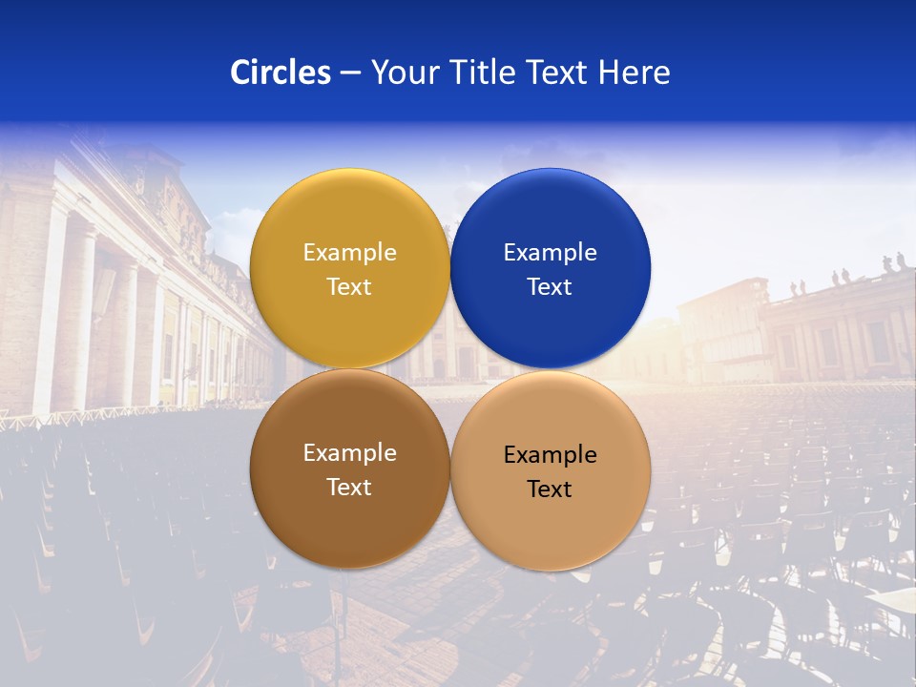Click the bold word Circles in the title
(x=280, y=73)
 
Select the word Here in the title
(x=634, y=73)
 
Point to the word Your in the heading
(x=406, y=73)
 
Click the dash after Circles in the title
(x=350, y=73)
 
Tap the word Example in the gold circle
(x=349, y=253)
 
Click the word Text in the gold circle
(x=349, y=287)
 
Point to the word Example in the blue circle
(x=550, y=253)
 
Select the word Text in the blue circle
(x=550, y=287)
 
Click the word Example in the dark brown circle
(x=349, y=453)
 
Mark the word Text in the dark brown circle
(x=349, y=488)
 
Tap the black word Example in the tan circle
(x=550, y=455)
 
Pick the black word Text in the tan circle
(x=550, y=489)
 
